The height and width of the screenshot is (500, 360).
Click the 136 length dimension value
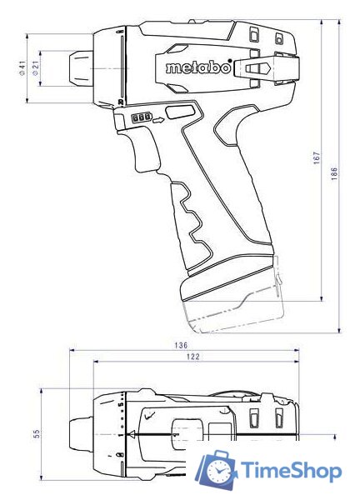181,345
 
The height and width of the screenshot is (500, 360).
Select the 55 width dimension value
37,434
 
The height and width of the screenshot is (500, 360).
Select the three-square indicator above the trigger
142,119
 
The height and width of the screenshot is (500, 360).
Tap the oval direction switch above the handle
177,112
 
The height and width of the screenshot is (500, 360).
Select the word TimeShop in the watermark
292,472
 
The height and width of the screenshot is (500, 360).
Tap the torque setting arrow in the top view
130,434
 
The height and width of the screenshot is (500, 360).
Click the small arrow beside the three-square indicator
157,120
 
